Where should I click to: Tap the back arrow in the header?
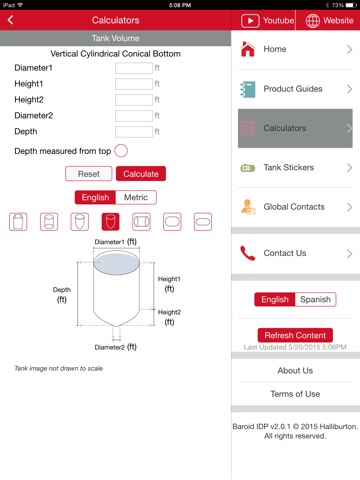coord(11,20)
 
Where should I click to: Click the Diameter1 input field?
coord(134,68)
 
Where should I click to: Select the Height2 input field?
coord(134,100)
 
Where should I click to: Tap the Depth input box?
coord(134,132)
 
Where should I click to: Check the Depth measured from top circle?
coord(121,151)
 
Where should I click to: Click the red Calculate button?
coord(141,174)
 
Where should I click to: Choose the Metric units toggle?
coord(136,197)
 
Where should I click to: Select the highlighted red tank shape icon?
coord(110,222)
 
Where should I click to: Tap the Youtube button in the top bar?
coord(268,21)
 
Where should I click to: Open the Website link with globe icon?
coord(329,21)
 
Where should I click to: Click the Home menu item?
coord(295,49)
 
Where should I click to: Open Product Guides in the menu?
coord(295,89)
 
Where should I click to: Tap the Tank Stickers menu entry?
coord(295,167)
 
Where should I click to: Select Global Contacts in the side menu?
coord(295,207)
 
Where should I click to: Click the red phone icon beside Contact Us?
coord(248,253)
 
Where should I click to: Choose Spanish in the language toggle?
coord(315,299)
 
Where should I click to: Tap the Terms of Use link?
coord(295,394)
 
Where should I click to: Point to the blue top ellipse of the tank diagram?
coord(116,263)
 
